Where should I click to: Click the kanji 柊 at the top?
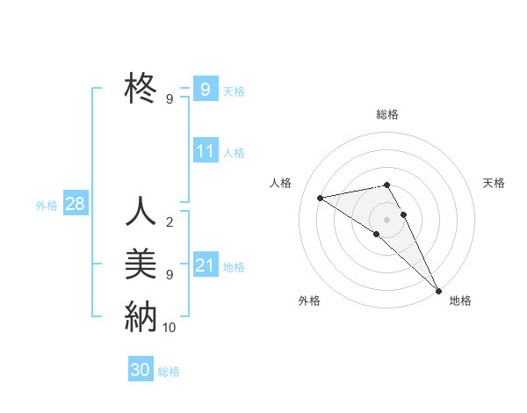point(141,88)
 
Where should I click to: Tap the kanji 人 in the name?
point(141,212)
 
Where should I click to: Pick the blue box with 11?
point(205,151)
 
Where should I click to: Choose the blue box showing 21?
point(205,265)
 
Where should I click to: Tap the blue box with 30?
point(141,370)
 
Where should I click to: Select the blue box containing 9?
point(205,89)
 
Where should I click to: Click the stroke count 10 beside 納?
point(170,328)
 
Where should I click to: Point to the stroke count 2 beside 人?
point(169,222)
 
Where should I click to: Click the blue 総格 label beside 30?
point(169,372)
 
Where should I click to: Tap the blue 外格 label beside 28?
point(47,206)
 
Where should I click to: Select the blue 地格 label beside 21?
point(235,267)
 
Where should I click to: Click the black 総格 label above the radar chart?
point(386,114)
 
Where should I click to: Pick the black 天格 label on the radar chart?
point(495,183)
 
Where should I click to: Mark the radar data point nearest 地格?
point(438,289)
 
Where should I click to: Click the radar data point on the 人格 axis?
point(321,198)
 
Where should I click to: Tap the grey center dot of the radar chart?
point(386,218)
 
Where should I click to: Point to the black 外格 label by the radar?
point(309,301)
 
